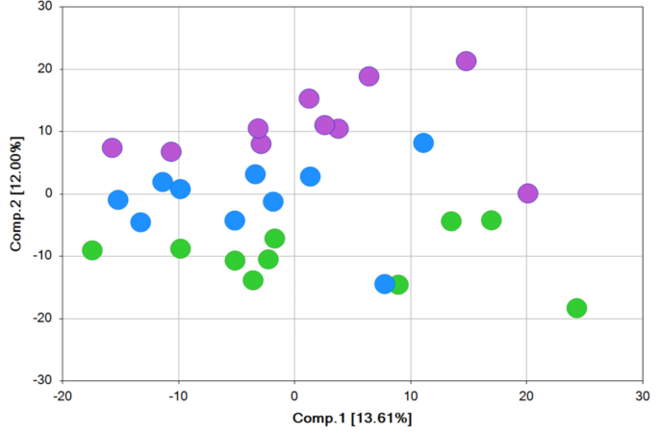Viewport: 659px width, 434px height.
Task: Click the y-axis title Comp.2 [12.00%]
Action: [16, 193]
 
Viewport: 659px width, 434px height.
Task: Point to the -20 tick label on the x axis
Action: [63, 396]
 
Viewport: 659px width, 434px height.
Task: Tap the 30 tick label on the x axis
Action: [643, 396]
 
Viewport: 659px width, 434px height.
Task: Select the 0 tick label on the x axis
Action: [294, 396]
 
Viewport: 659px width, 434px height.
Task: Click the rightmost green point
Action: [577, 308]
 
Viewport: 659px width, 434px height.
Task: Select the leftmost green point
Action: [92, 250]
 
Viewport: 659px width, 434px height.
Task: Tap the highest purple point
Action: [467, 62]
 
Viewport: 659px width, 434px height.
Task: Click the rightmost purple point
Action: [528, 193]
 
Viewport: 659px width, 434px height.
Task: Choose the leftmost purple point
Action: [113, 148]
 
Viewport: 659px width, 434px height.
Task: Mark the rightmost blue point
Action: [423, 142]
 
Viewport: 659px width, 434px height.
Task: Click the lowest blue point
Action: [385, 284]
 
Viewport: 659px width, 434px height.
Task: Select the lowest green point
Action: [577, 308]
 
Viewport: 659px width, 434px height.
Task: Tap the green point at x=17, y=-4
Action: [492, 220]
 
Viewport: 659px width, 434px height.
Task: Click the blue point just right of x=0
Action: [310, 177]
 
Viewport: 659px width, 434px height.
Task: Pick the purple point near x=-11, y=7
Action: [171, 151]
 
